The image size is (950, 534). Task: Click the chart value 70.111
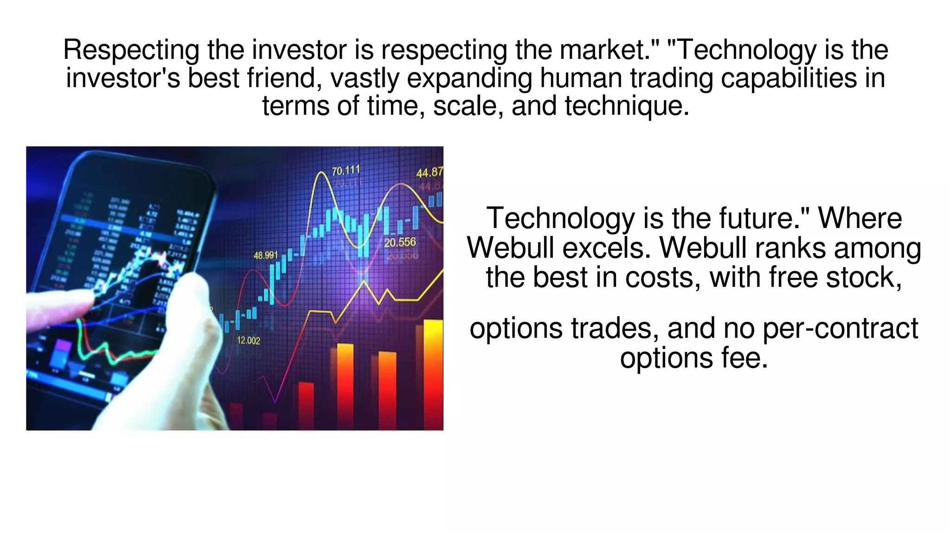tap(346, 171)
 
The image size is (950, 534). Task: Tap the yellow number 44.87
tap(430, 173)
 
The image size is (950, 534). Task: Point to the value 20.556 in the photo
tap(400, 242)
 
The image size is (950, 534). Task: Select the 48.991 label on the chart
tap(266, 255)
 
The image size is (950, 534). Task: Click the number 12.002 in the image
tap(249, 341)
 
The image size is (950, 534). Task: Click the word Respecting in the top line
tap(131, 50)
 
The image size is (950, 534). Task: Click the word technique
tap(626, 106)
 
